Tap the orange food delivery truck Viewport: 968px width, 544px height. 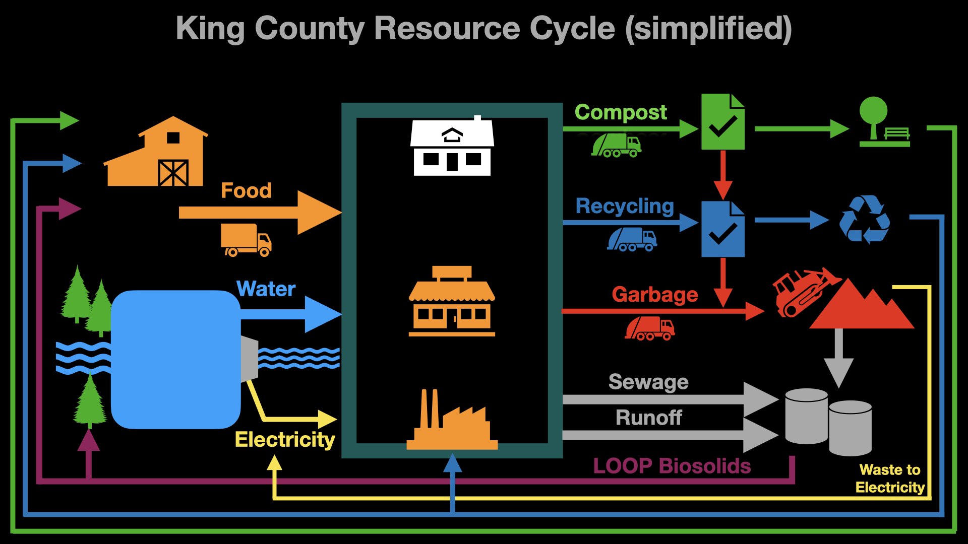[x=246, y=240]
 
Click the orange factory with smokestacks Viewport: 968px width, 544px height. [x=452, y=421]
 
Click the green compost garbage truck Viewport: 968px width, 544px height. [x=616, y=145]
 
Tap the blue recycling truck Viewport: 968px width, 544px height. [x=632, y=239]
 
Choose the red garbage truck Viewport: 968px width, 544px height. [x=650, y=328]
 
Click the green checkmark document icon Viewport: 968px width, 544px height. [x=723, y=121]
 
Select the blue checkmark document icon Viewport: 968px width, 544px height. [x=723, y=229]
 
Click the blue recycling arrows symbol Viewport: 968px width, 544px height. [x=864, y=220]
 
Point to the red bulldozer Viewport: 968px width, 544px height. [x=802, y=292]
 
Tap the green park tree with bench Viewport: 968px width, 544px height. [x=884, y=122]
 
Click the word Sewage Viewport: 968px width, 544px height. [x=648, y=382]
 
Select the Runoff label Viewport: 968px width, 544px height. [x=648, y=418]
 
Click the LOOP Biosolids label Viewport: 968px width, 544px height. [x=672, y=466]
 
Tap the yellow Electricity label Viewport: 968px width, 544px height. [x=285, y=440]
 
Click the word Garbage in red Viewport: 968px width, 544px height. [x=654, y=294]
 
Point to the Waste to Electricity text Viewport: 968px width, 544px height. [x=890, y=479]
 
